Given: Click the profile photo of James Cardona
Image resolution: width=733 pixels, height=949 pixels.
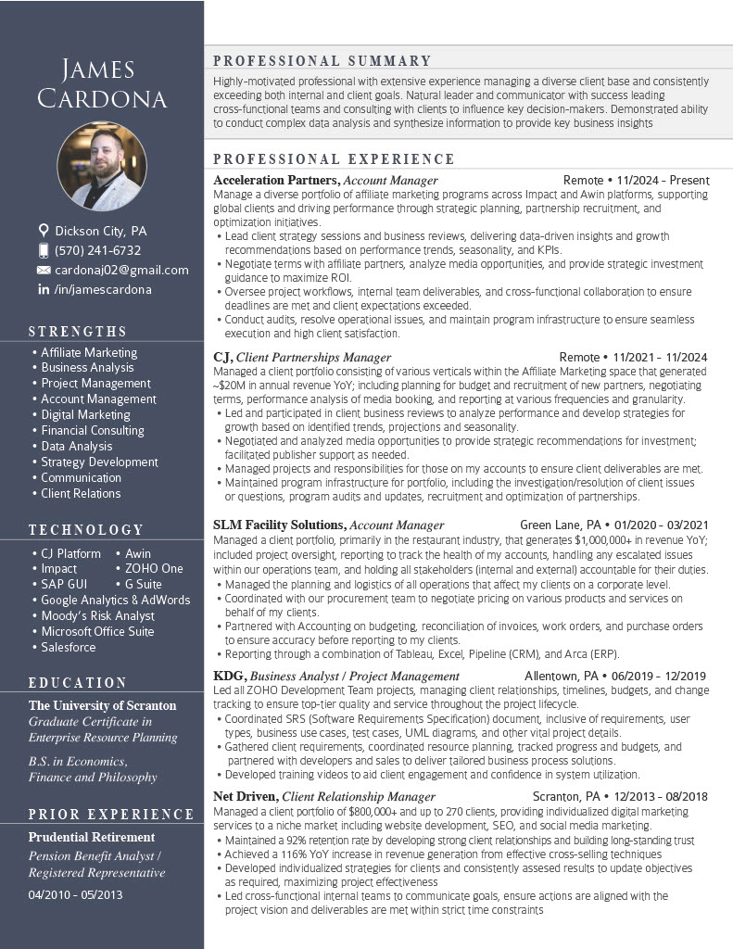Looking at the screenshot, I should pyautogui.click(x=102, y=166).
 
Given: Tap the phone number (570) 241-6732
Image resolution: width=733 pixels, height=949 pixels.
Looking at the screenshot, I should pyautogui.click(x=97, y=250).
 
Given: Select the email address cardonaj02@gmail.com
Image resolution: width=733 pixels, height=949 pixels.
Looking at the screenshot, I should pyautogui.click(x=121, y=270).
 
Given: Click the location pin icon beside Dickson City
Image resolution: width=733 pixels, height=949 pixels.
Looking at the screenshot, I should pyautogui.click(x=43, y=230).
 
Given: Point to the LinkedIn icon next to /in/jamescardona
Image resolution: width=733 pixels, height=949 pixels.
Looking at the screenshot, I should pyautogui.click(x=43, y=289).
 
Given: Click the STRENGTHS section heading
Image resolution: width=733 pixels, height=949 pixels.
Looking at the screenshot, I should pyautogui.click(x=78, y=331).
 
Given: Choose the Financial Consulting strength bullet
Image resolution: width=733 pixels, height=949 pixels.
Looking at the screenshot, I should pyautogui.click(x=93, y=430).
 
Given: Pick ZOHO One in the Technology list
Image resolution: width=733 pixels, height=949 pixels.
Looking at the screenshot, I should pyautogui.click(x=154, y=568).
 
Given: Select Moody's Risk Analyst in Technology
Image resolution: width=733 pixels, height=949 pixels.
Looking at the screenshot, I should pyautogui.click(x=97, y=615).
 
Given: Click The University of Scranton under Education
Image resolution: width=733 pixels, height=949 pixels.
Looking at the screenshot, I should pyautogui.click(x=102, y=705).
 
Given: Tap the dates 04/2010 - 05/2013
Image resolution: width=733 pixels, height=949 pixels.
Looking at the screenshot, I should pyautogui.click(x=75, y=894).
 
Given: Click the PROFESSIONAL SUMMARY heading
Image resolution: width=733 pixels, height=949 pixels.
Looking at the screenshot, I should pyautogui.click(x=322, y=61).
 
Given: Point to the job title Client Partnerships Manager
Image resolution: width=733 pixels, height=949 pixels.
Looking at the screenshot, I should pyautogui.click(x=313, y=357).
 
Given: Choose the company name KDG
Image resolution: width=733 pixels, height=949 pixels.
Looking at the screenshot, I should pyautogui.click(x=229, y=676).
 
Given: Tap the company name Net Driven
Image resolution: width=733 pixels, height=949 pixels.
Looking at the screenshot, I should pyautogui.click(x=245, y=796).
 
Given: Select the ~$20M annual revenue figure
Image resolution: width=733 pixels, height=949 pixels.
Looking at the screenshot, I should pyautogui.click(x=230, y=385).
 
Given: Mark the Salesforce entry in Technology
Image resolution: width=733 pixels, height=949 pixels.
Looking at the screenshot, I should pyautogui.click(x=69, y=647).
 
